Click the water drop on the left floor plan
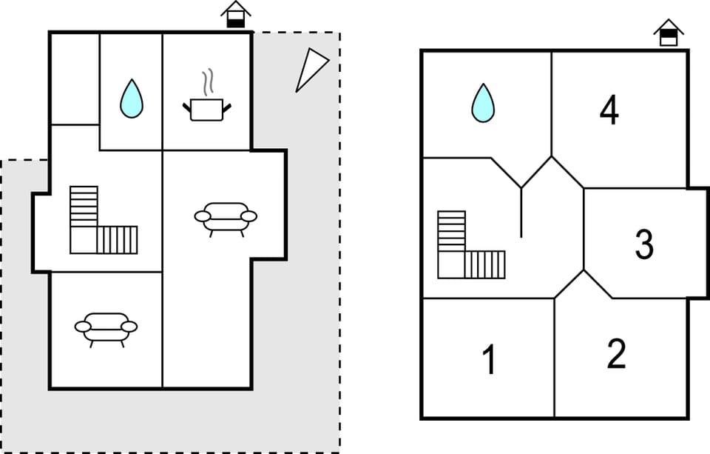coord(132,100)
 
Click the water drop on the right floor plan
coord(483,104)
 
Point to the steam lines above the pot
coord(207,82)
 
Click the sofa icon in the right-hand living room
coord(226,218)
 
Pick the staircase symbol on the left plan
coord(104,221)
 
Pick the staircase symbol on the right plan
coord(471,245)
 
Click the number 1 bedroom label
coord(489,359)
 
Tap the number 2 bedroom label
coord(616,353)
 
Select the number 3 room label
coord(644,244)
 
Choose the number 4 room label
coord(609,111)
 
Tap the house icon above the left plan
coord(235,15)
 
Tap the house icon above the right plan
coord(669,33)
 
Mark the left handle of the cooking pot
coord(186,108)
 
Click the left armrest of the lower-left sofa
coord(83,327)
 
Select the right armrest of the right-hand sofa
coord(248,216)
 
